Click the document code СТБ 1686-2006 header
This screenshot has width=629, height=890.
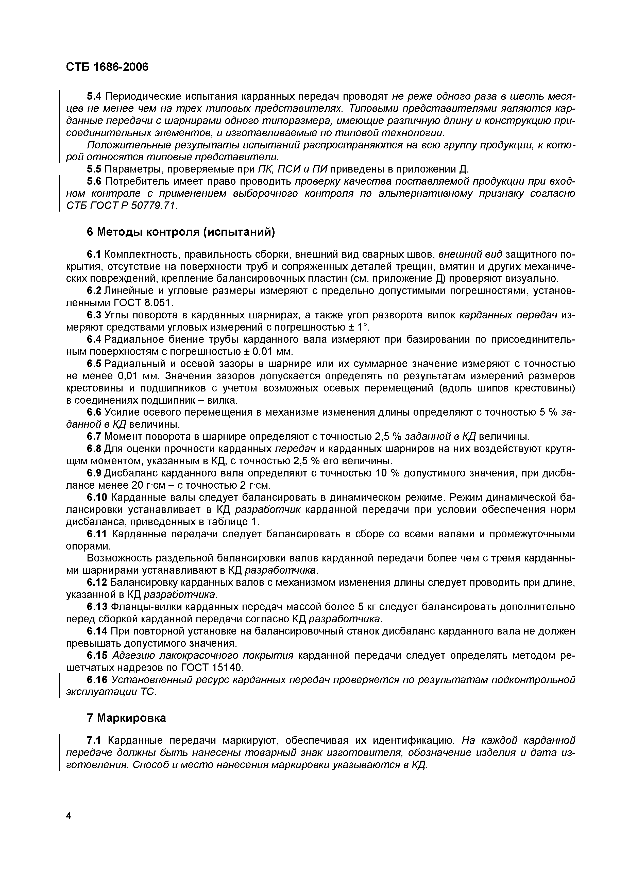(x=107, y=67)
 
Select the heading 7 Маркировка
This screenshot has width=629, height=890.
(x=126, y=717)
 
